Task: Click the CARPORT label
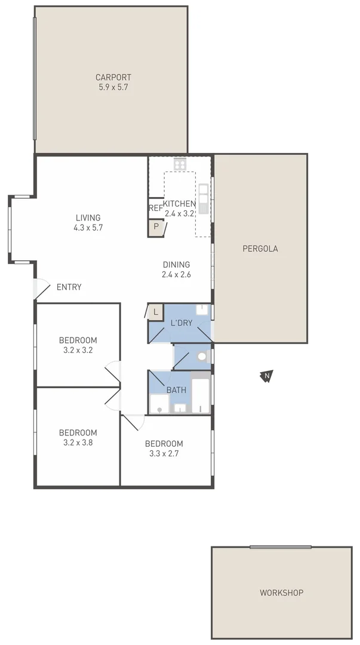113,77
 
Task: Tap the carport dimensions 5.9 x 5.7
113,87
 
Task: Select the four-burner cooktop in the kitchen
180,163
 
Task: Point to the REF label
155,208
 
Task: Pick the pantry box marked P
156,227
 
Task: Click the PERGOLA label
260,248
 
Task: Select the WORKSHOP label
281,593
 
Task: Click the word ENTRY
69,287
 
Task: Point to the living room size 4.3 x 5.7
88,228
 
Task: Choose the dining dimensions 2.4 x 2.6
176,275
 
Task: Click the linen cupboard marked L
155,312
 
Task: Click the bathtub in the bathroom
201,394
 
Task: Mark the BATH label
176,391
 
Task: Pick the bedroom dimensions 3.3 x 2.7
164,453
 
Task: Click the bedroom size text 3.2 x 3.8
78,443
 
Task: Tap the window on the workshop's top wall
281,546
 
